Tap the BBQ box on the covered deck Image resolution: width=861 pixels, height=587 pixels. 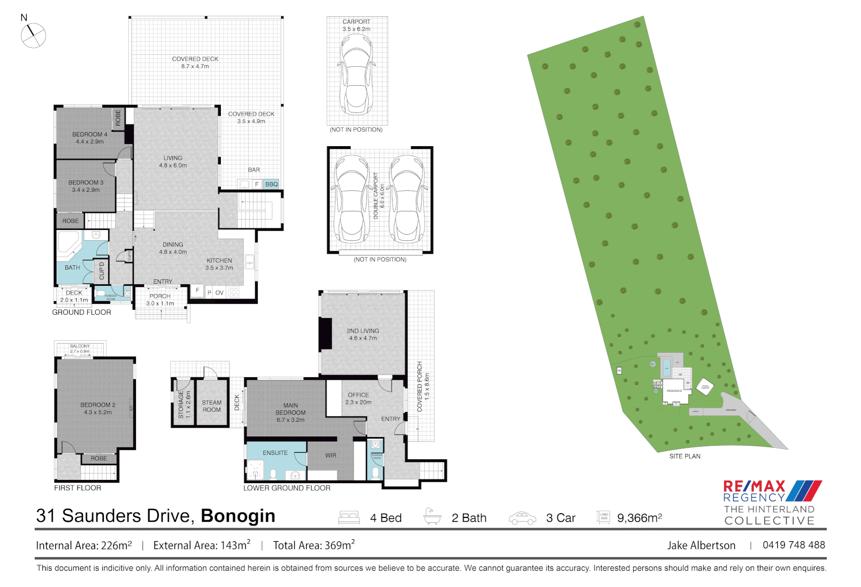[271, 184]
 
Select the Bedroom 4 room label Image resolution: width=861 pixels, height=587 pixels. [90, 138]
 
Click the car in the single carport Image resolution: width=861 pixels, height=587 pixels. [356, 73]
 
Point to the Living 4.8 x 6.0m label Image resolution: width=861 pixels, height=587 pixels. [172, 161]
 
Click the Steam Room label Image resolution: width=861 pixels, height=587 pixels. [212, 406]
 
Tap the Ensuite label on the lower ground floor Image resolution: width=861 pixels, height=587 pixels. [275, 453]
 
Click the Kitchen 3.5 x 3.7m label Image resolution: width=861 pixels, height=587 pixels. [219, 264]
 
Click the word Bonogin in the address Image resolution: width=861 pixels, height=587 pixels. [238, 516]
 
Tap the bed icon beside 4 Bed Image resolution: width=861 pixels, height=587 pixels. [349, 517]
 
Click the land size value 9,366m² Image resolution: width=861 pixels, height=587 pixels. [639, 518]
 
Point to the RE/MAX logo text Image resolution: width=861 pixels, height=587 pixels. [754, 486]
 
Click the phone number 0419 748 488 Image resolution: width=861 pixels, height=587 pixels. [794, 545]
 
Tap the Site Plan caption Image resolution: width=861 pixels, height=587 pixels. [684, 456]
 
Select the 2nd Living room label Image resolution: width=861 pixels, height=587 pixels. [363, 334]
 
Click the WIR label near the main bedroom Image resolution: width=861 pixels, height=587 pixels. [331, 455]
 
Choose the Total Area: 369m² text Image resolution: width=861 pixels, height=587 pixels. [314, 545]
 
